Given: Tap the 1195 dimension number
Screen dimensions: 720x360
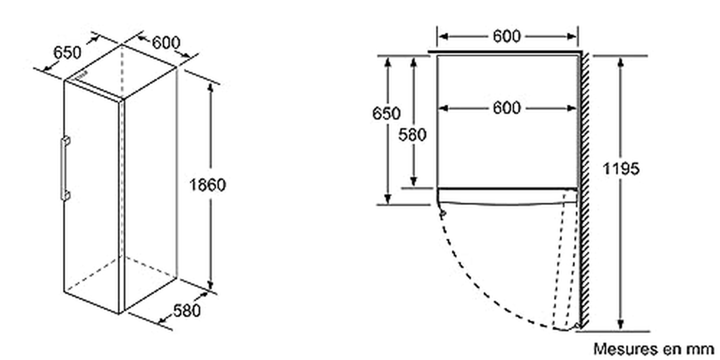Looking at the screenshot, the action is pyautogui.click(x=621, y=169).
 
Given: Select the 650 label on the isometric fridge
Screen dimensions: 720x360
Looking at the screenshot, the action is pyautogui.click(x=67, y=52).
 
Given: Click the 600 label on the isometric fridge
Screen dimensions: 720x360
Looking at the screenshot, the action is pyautogui.click(x=166, y=42).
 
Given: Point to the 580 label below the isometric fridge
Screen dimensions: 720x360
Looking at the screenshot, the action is pyautogui.click(x=187, y=310).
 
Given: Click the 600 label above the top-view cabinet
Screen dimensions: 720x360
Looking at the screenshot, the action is pyautogui.click(x=507, y=36).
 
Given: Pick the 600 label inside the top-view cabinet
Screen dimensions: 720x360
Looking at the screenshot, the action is pyautogui.click(x=507, y=108).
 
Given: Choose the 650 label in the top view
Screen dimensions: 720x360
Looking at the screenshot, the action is pyautogui.click(x=386, y=113).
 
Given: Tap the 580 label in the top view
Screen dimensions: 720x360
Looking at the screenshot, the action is pyautogui.click(x=412, y=135).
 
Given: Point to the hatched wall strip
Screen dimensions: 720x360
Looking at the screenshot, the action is pyautogui.click(x=584, y=191).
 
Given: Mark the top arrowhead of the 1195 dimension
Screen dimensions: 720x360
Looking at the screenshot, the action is pyautogui.click(x=621, y=62).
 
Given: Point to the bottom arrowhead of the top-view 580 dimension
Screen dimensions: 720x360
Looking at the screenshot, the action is pyautogui.click(x=414, y=181).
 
